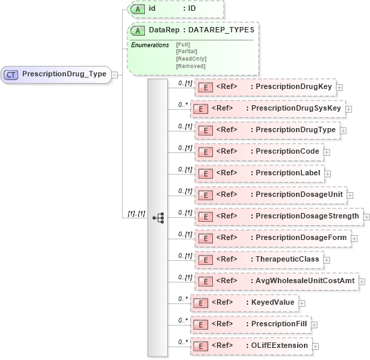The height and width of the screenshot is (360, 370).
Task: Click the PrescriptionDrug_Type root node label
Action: [x=64, y=74]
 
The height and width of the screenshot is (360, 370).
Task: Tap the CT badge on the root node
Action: [x=11, y=74]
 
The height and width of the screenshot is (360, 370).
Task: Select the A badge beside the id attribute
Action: [x=137, y=9]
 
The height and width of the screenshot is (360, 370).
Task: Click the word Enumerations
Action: [x=150, y=44]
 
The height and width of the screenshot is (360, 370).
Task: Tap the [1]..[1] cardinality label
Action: [x=136, y=213]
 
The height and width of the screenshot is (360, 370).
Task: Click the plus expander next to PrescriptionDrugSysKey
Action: [x=348, y=109]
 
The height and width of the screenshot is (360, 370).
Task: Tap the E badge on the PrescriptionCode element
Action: [x=204, y=152]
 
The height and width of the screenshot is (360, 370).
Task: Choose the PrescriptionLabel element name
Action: [x=288, y=173]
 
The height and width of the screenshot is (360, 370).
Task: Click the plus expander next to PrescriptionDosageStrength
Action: [x=367, y=216]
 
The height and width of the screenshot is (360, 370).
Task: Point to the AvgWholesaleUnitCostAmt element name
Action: [x=305, y=281]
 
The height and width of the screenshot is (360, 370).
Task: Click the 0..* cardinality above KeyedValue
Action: [x=182, y=297]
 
